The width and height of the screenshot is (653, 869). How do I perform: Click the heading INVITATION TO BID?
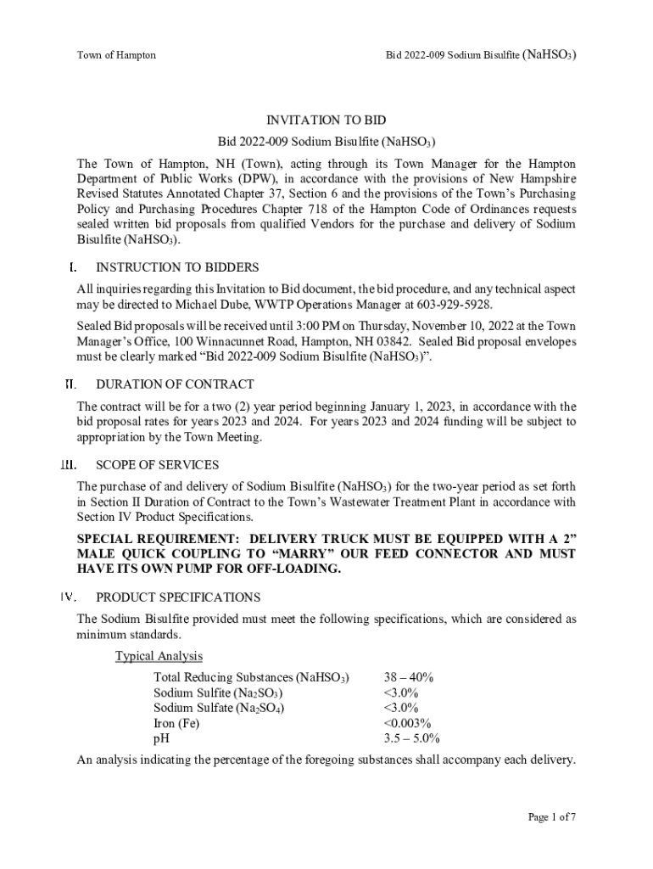click(x=326, y=121)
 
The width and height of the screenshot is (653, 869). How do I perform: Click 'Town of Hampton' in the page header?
click(x=116, y=55)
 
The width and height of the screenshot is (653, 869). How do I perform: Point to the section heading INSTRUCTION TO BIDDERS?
click(x=177, y=267)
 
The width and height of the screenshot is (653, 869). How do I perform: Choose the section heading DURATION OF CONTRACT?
click(x=175, y=384)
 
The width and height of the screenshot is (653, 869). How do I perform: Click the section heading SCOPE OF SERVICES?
click(x=158, y=465)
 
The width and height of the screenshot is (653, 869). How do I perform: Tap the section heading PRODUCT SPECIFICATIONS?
click(x=179, y=597)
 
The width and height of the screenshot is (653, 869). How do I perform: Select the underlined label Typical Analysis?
click(x=159, y=656)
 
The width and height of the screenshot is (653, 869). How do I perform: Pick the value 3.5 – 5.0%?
click(x=411, y=738)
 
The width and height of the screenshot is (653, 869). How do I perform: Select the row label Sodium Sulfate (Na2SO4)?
click(x=219, y=708)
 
